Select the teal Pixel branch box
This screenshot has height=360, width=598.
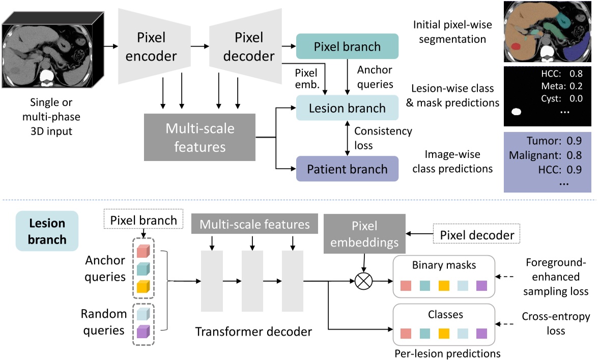pyautogui.click(x=347, y=47)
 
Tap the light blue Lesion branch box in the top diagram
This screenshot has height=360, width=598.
pyautogui.click(x=347, y=108)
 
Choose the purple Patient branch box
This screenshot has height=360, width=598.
pyautogui.click(x=347, y=169)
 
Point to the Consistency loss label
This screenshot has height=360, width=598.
pyautogui.click(x=383, y=138)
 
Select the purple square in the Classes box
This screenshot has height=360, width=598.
pyautogui.click(x=481, y=334)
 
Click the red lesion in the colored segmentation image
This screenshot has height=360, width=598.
pyautogui.click(x=515, y=47)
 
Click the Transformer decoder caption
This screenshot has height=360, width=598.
pyautogui.click(x=253, y=332)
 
